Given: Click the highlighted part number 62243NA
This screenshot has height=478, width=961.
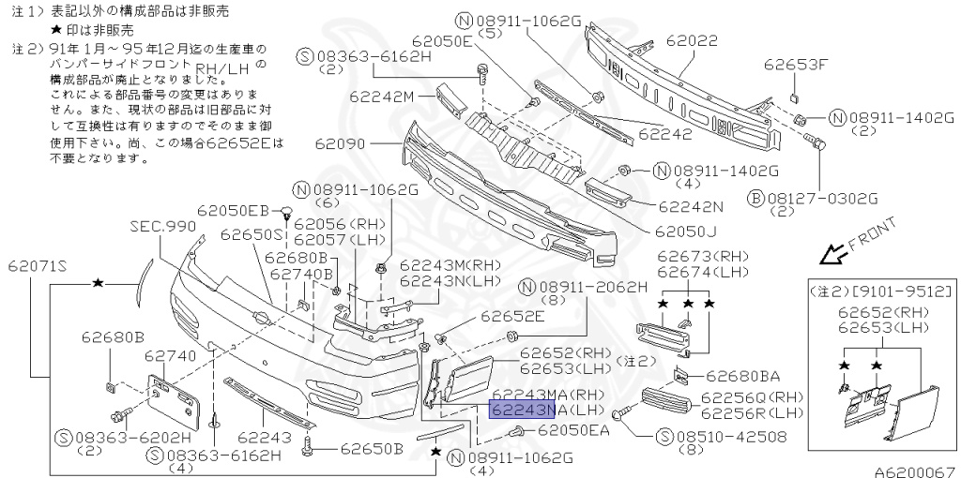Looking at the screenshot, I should point(523,410).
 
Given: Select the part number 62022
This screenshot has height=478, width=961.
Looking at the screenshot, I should point(692,42).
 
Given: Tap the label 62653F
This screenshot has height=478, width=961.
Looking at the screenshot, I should point(796,65).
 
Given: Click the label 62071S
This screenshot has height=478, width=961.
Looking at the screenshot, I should point(38,265).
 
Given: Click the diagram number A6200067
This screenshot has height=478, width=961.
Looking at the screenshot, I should point(916,471).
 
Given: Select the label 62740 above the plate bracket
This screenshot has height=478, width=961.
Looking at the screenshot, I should point(170,356).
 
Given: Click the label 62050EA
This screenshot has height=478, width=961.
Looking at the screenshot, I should point(572,430).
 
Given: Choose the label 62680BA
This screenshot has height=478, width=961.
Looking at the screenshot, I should point(743,376).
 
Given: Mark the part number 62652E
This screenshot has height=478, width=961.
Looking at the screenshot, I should point(512,317).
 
